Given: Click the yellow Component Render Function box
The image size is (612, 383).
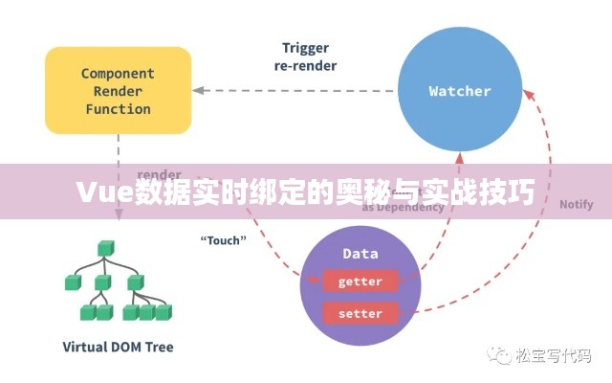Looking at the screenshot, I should [118, 91].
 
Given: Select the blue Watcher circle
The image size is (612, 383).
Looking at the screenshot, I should [459, 91].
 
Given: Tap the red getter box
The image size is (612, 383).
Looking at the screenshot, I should [360, 282].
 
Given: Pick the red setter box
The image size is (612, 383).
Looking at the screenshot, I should [360, 313].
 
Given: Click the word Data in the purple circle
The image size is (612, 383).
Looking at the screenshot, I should [360, 254].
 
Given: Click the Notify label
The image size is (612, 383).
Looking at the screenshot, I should [576, 204].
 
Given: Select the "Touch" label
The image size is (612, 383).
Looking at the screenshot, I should [222, 239].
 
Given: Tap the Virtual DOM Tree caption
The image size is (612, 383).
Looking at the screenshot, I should [118, 346].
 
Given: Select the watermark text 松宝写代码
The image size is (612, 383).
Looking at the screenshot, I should [554, 356].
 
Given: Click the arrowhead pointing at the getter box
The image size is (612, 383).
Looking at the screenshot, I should [315, 280].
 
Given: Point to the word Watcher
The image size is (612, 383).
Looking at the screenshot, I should [459, 91].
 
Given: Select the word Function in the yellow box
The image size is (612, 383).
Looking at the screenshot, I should [118, 109].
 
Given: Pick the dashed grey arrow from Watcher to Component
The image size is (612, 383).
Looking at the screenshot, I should [296, 91].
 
